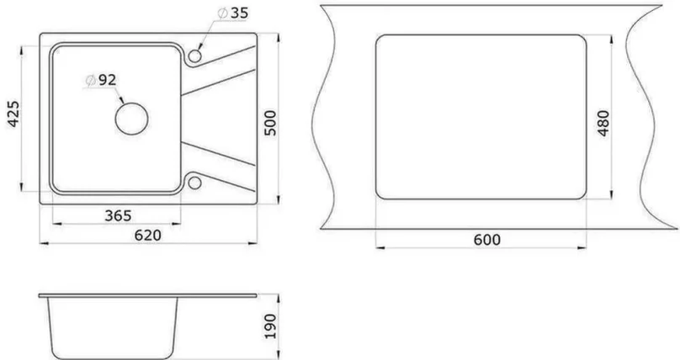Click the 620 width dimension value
pyautogui.click(x=147, y=236)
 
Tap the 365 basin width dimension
pyautogui.click(x=118, y=215)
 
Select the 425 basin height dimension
pyautogui.click(x=13, y=114)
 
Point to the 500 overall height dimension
pyautogui.click(x=270, y=123)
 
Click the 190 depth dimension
pyautogui.click(x=270, y=326)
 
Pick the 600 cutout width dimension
pyautogui.click(x=486, y=240)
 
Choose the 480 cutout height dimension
pyautogui.click(x=603, y=124)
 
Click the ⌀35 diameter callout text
pyautogui.click(x=233, y=13)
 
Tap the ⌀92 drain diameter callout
pyautogui.click(x=101, y=80)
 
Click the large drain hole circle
pyautogui.click(x=131, y=103)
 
